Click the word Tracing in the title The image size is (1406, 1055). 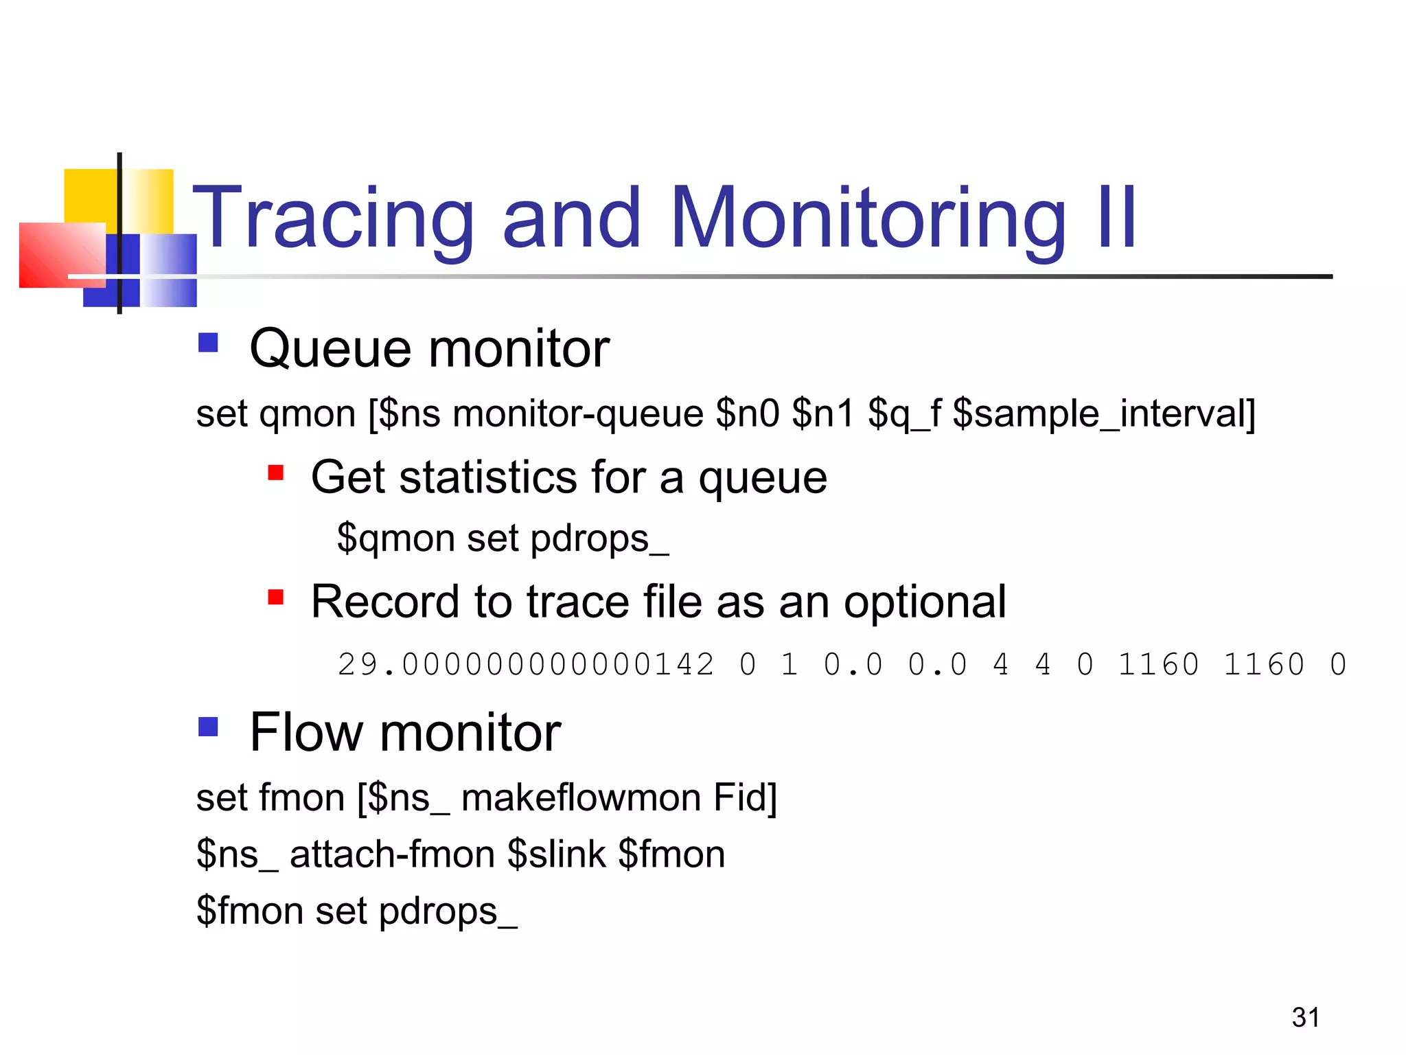(x=334, y=218)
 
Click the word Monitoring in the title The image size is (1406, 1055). (x=868, y=218)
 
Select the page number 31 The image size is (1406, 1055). (x=1305, y=1017)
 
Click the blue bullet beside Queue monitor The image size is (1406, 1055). (x=208, y=342)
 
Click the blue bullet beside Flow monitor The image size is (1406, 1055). (x=208, y=726)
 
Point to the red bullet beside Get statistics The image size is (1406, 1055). (x=276, y=473)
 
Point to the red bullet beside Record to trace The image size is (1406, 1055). (x=276, y=597)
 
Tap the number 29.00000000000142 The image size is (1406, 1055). (x=526, y=665)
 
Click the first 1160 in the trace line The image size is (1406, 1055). (x=1159, y=665)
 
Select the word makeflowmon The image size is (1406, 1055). (x=581, y=797)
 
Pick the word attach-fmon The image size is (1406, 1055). (x=392, y=854)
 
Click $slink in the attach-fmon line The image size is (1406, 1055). (x=557, y=854)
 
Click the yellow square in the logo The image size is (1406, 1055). (x=89, y=196)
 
